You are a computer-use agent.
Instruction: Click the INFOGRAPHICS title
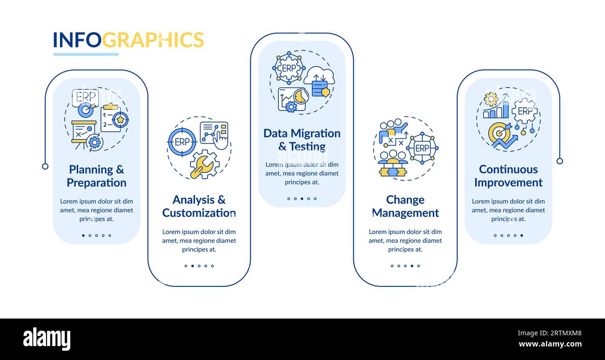tap(128, 40)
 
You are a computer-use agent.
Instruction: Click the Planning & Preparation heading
tap(96, 176)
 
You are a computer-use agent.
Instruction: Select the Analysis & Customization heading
tap(199, 206)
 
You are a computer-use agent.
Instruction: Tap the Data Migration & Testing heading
tap(302, 140)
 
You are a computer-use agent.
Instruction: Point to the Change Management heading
tap(405, 206)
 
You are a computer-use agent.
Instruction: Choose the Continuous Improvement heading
tap(508, 176)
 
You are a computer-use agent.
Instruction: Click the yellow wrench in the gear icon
tap(201, 168)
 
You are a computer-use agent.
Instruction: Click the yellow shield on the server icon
tap(326, 92)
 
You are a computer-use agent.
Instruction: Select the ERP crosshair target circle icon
tap(182, 142)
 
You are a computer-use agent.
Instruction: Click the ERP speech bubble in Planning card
tap(85, 98)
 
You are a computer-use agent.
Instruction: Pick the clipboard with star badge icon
tap(114, 118)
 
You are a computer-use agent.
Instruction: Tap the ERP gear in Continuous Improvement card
tap(525, 111)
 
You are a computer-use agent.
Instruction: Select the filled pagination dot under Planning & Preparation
tap(83, 235)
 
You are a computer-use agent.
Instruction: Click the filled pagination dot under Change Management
tap(412, 266)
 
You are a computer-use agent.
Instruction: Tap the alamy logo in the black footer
tap(47, 339)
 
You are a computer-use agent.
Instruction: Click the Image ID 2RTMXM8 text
tap(550, 333)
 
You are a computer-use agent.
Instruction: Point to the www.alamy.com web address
tap(550, 344)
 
